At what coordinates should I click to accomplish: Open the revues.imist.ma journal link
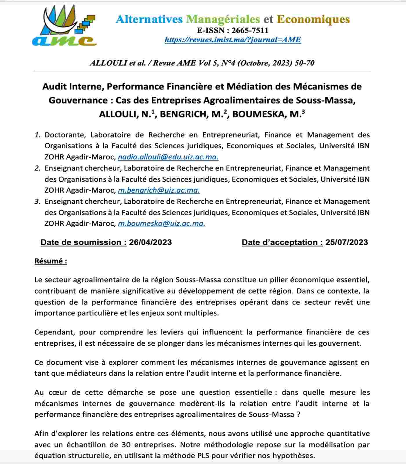click(x=233, y=40)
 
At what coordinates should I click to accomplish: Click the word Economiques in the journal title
click(x=313, y=19)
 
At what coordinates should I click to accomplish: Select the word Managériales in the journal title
click(x=223, y=19)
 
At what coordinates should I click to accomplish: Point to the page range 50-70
click(x=304, y=63)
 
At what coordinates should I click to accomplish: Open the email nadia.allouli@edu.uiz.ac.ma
click(x=168, y=157)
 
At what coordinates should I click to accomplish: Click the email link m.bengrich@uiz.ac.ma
click(x=159, y=191)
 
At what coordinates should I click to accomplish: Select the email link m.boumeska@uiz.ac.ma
click(x=162, y=224)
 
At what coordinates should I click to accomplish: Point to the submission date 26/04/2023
click(x=150, y=242)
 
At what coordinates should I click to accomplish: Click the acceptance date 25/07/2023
click(x=347, y=242)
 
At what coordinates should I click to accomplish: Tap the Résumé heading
click(x=51, y=261)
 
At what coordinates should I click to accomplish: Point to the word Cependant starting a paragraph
click(x=54, y=332)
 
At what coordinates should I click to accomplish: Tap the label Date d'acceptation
click(x=282, y=242)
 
